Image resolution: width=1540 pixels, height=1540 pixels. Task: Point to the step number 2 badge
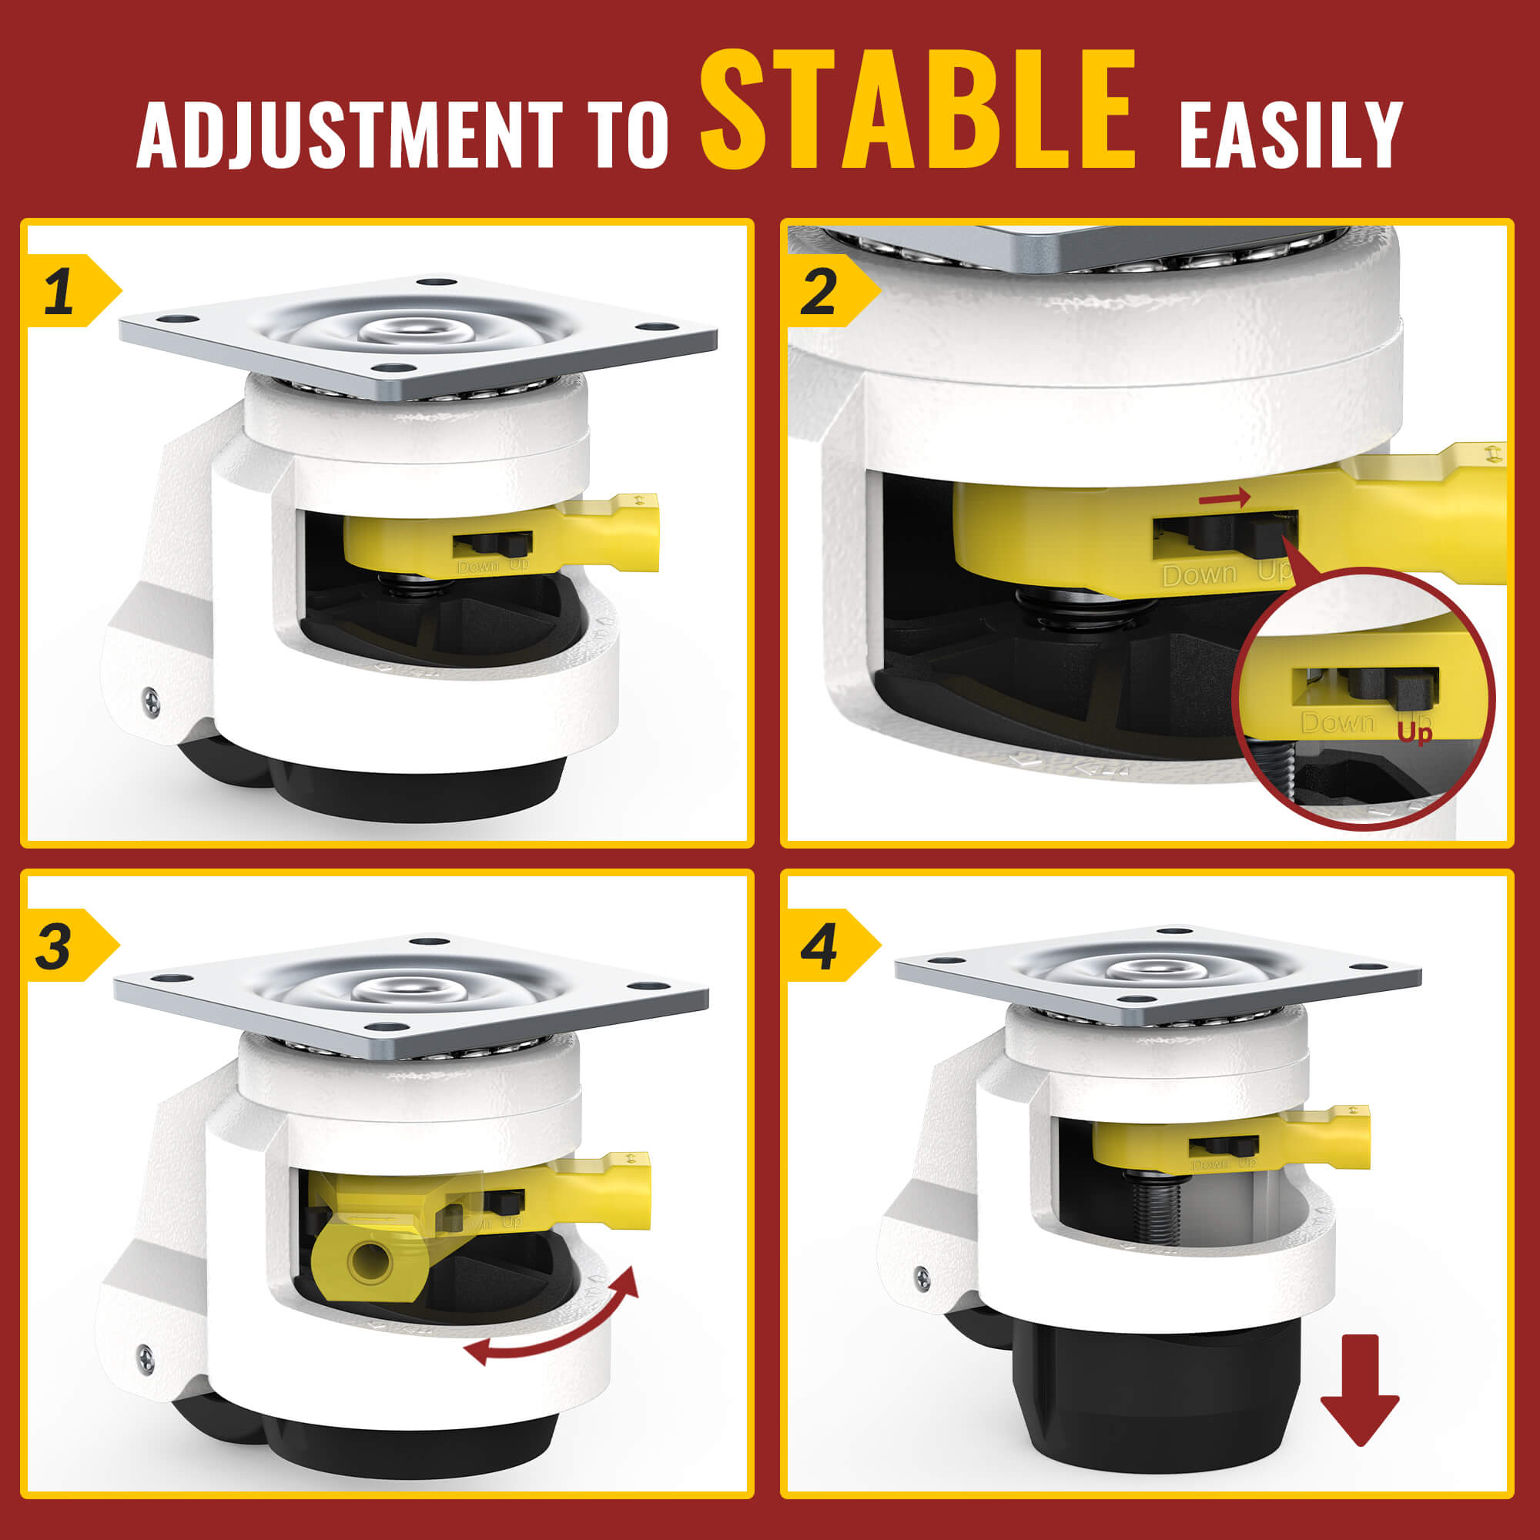819,291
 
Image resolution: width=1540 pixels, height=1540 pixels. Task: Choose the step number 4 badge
819,946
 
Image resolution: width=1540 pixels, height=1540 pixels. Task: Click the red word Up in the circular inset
1414,730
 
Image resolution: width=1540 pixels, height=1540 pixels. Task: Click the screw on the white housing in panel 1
152,701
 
